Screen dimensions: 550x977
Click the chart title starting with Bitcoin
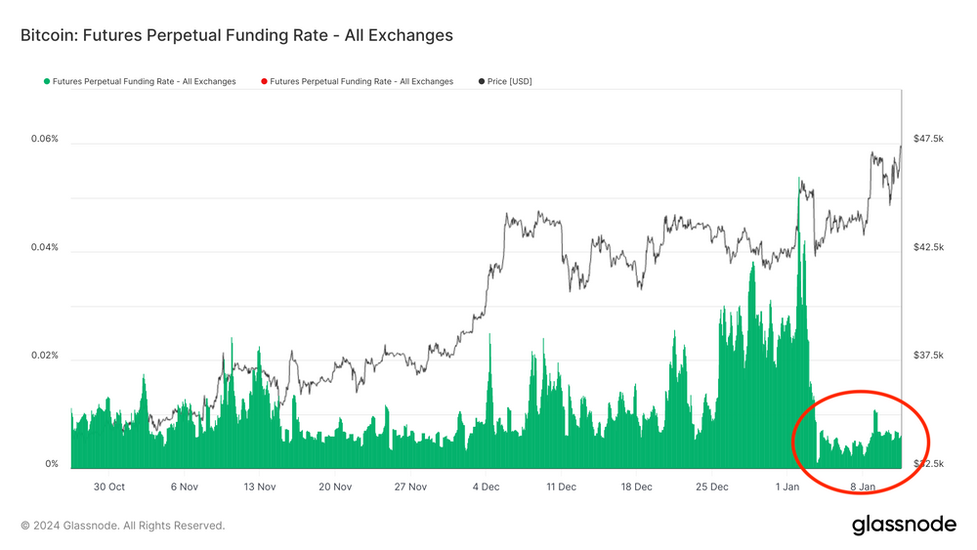(236, 35)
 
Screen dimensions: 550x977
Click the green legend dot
(46, 81)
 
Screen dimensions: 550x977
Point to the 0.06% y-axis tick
(45, 139)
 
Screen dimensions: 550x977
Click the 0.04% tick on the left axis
(45, 247)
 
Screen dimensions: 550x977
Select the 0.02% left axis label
(45, 356)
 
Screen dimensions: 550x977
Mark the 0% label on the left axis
(51, 464)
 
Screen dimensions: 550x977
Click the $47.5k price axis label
(928, 139)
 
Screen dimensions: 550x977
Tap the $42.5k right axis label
(928, 247)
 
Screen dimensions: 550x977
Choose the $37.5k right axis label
(928, 356)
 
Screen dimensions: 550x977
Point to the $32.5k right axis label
(928, 464)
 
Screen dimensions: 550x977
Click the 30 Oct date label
(108, 487)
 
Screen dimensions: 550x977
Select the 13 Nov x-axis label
(260, 487)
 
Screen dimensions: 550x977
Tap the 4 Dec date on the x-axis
(486, 487)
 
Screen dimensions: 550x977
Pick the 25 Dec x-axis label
(712, 487)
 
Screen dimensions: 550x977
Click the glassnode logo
(904, 525)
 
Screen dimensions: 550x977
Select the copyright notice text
(123, 526)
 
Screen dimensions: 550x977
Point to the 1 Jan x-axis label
(787, 487)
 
